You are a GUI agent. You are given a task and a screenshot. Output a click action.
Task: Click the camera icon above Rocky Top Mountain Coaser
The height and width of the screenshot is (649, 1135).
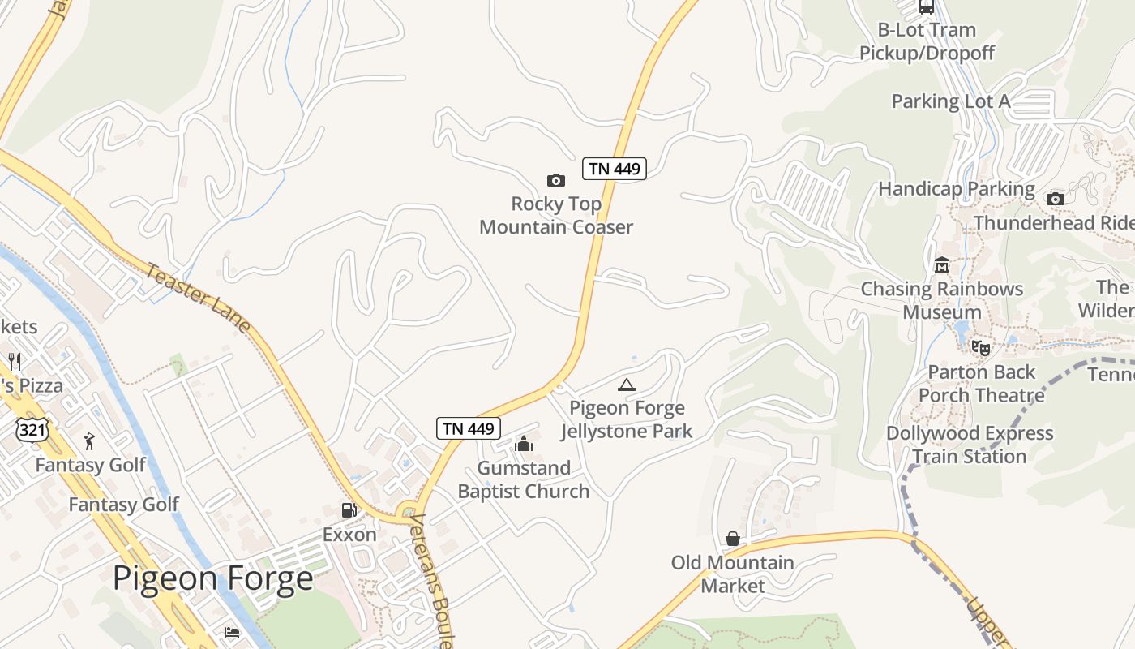555,180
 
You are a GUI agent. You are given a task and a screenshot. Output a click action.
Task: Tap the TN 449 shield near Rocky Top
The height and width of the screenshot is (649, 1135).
615,169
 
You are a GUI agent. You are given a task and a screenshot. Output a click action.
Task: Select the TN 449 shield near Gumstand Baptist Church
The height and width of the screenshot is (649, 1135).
469,428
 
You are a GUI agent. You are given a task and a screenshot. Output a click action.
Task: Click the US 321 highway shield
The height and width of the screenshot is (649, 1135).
32,429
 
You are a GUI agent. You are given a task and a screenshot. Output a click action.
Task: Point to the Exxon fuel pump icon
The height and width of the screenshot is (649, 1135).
349,510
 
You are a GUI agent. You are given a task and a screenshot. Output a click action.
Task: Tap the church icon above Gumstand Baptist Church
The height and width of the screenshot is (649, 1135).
524,444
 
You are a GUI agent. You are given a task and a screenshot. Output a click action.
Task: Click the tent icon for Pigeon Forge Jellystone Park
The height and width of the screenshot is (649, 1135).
626,385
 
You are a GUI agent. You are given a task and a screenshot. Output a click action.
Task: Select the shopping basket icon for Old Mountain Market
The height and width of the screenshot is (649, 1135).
733,539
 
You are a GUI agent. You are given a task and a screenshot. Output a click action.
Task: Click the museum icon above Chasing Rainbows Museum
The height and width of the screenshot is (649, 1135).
942,265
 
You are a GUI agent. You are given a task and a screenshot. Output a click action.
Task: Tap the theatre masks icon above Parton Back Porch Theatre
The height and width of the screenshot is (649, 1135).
981,348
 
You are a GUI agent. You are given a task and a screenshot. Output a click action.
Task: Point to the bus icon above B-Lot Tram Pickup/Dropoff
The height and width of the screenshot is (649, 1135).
926,7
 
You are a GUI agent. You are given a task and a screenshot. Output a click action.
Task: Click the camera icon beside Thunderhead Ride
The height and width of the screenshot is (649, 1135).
1055,199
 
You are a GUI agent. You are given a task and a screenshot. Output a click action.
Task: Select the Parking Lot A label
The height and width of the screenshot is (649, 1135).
951,101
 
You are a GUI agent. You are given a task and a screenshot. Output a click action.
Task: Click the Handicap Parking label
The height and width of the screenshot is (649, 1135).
957,189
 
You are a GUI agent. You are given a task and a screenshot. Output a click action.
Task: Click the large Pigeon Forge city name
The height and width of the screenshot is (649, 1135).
212,578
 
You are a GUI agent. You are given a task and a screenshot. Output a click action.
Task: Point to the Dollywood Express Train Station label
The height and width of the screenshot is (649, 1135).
970,445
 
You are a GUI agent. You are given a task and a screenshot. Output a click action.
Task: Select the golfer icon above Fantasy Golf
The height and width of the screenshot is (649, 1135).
90,441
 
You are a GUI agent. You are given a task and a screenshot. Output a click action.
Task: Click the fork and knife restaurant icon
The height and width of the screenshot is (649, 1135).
15,361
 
